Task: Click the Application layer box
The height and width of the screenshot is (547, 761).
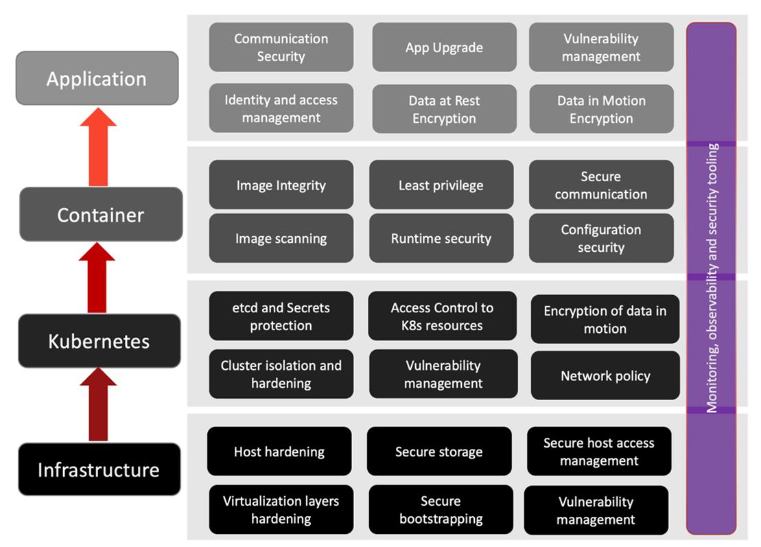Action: click(97, 78)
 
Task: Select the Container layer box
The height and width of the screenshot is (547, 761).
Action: click(101, 214)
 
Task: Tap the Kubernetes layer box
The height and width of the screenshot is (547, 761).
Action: click(99, 340)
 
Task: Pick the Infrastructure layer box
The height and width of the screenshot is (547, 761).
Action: click(99, 469)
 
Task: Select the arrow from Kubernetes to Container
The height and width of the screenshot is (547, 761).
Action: click(98, 278)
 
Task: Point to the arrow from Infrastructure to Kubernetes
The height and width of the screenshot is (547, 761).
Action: click(99, 405)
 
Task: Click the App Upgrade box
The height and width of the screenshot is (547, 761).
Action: click(444, 47)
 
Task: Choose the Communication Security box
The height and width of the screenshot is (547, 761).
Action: click(281, 47)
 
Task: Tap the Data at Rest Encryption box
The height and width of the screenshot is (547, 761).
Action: click(444, 109)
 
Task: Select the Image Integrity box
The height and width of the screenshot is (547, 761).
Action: click(281, 185)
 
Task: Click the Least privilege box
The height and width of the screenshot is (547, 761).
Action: click(441, 185)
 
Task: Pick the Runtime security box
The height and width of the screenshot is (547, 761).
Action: click(441, 238)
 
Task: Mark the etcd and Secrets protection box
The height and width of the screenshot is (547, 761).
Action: click(281, 316)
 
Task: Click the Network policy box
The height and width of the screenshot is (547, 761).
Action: click(605, 375)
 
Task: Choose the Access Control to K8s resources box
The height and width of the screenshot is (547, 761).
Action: click(442, 316)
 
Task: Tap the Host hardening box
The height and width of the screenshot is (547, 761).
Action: click(279, 451)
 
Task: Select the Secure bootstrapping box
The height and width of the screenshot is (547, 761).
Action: click(441, 510)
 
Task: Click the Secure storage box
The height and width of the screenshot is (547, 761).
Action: click(439, 451)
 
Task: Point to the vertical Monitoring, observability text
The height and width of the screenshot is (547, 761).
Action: click(712, 278)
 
